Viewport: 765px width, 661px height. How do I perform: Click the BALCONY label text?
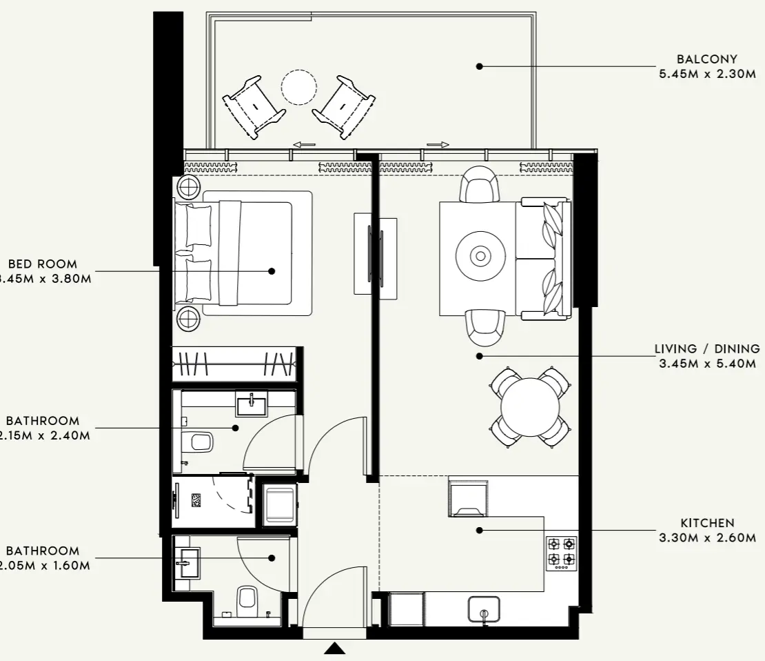[706, 59]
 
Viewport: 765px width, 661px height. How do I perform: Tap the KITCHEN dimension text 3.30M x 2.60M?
[707, 538]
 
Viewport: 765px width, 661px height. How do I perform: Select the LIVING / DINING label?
[707, 349]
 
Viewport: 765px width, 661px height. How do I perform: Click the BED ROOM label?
[43, 264]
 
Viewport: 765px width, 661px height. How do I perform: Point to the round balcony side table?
[298, 88]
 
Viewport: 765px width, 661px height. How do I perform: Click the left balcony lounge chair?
[253, 107]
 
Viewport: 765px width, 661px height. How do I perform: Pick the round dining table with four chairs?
[530, 406]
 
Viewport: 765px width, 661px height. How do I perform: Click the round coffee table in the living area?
[479, 256]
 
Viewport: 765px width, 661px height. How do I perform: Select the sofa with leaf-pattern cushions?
[544, 258]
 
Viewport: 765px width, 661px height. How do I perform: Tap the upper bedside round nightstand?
[189, 186]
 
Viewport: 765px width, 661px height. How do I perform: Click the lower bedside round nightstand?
[189, 319]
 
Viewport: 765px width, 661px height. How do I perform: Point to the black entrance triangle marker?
[335, 648]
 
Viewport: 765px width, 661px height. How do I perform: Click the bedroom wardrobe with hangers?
[234, 364]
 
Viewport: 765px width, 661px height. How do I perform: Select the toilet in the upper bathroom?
[201, 441]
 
